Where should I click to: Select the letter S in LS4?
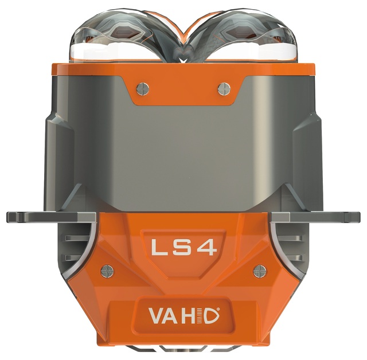[x=182, y=248]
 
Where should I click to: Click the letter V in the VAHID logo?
[x=156, y=315]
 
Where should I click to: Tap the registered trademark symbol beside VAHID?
[x=218, y=309]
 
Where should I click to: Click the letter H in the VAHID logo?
[x=188, y=316]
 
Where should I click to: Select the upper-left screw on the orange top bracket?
[x=143, y=89]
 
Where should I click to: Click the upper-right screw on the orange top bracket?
[x=224, y=89]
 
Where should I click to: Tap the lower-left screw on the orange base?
[x=107, y=271]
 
